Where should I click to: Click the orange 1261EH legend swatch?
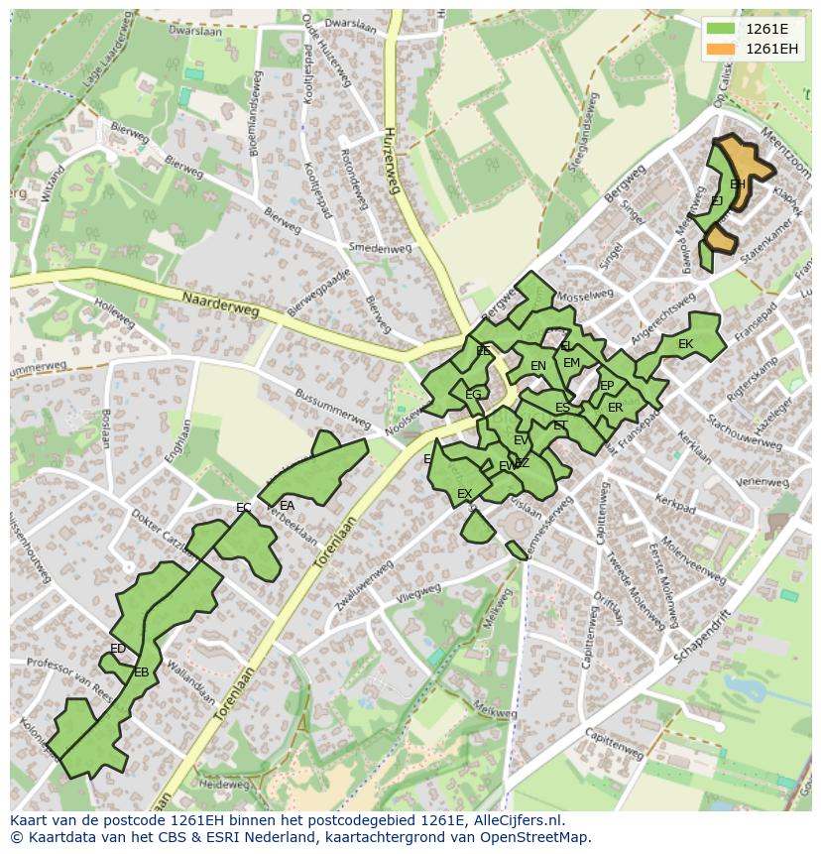coord(722,48)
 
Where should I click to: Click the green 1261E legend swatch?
coord(722,29)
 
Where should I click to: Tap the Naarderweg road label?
coord(220,304)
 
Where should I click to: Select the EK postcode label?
coord(685,344)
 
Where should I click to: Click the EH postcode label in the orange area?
coord(738,184)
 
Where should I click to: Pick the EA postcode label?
coord(288,505)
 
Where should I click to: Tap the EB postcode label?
coord(142,672)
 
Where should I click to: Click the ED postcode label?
coord(118,649)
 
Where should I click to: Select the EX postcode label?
coord(464,493)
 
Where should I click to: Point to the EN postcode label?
coord(538,366)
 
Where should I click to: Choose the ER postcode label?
coord(616,408)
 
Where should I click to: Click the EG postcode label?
coord(473,395)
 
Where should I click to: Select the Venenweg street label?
coord(762,481)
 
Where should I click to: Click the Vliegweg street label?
coord(418,592)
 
